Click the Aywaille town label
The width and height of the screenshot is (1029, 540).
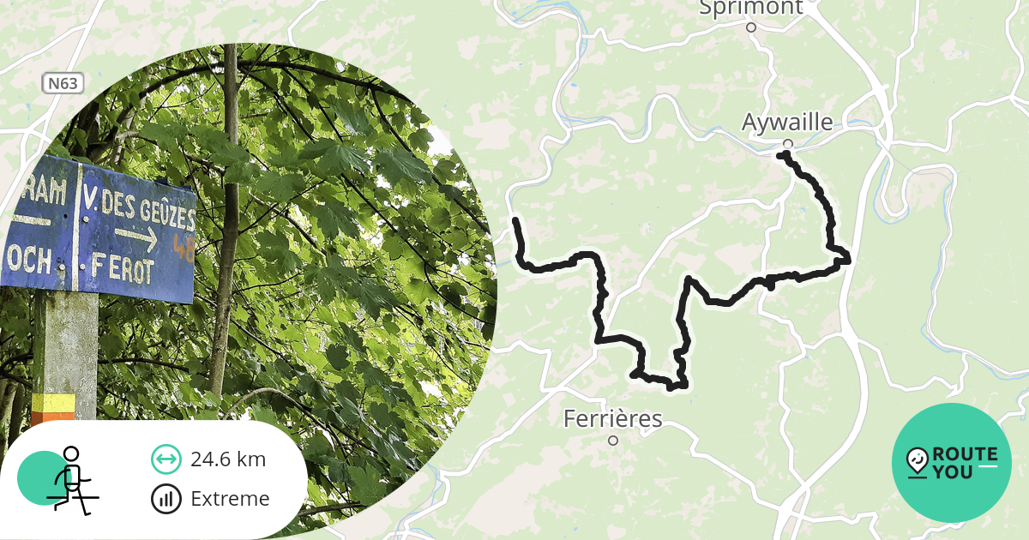787,123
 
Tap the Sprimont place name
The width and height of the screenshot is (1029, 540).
751,8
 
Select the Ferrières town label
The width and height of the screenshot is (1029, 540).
612,419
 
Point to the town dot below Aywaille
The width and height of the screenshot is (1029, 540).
788,143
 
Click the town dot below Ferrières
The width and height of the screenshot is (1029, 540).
613,441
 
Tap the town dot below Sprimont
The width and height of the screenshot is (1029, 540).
751,27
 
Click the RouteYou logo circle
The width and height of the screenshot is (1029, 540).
952,463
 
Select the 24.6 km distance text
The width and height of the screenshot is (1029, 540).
228,459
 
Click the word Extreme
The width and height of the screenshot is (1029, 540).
230,499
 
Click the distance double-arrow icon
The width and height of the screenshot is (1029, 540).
165,459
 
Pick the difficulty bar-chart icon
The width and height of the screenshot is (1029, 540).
165,499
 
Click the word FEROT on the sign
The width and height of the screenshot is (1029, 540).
124,271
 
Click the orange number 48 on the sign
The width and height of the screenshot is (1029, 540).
183,247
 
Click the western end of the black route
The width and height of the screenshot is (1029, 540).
515,221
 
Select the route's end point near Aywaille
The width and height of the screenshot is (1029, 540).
781,155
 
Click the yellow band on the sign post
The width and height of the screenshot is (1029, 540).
54,402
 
